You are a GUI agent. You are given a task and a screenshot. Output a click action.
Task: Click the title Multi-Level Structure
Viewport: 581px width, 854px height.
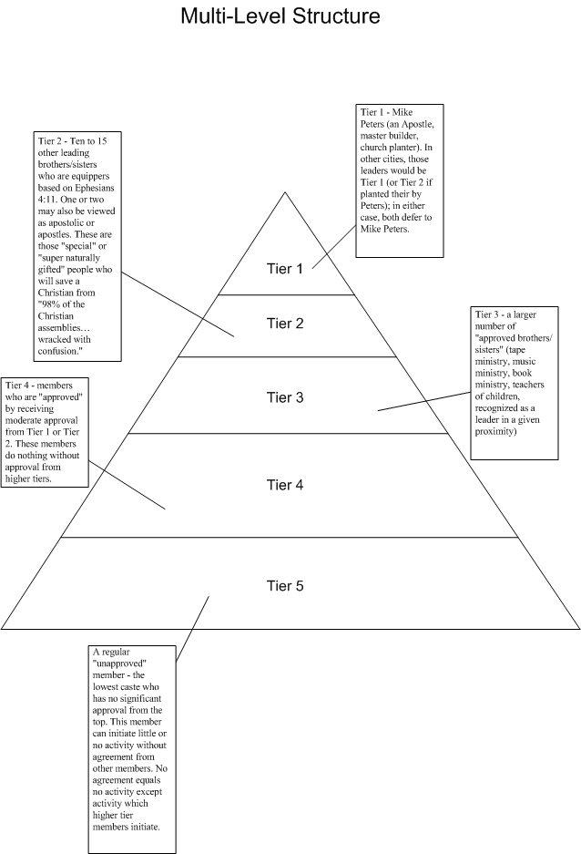280,15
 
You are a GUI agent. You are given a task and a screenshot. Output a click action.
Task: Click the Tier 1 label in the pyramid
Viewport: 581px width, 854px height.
284,269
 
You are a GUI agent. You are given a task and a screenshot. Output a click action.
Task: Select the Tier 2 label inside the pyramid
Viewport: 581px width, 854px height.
284,324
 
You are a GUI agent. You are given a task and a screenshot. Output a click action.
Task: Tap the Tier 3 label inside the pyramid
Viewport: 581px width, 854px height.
284,397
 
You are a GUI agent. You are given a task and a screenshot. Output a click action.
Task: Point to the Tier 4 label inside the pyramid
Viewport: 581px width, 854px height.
284,485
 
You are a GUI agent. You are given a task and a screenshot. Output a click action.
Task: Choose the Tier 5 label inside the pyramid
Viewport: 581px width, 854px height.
284,585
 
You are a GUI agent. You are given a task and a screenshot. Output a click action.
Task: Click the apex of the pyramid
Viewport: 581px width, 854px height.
286,192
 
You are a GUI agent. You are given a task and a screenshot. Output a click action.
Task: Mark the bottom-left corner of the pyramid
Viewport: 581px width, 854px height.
3,628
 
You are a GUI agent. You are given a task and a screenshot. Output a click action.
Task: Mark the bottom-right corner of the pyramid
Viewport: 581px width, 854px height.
578,628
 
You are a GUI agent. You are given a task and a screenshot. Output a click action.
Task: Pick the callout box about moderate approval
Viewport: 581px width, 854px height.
46,431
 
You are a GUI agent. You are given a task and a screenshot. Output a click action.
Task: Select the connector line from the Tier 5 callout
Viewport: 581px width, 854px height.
192,629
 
